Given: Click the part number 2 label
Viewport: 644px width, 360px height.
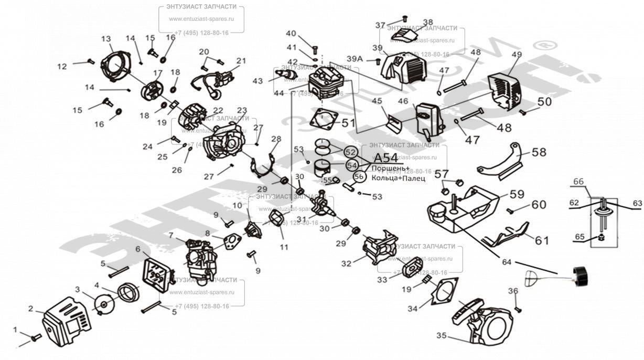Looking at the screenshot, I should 31,309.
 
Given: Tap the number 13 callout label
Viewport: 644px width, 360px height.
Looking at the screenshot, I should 106,39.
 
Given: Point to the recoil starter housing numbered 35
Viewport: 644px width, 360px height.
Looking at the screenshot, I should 482,321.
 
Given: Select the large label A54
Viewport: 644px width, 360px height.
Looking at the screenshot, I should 386,158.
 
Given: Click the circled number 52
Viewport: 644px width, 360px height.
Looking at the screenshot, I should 350,152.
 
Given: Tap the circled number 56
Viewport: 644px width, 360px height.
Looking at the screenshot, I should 359,177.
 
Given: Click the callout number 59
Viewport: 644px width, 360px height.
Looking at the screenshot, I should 517,194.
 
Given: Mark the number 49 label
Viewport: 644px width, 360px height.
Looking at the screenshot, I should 517,55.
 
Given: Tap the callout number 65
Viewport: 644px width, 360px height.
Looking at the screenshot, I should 579,237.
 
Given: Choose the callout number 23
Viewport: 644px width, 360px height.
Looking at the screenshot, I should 242,111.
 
